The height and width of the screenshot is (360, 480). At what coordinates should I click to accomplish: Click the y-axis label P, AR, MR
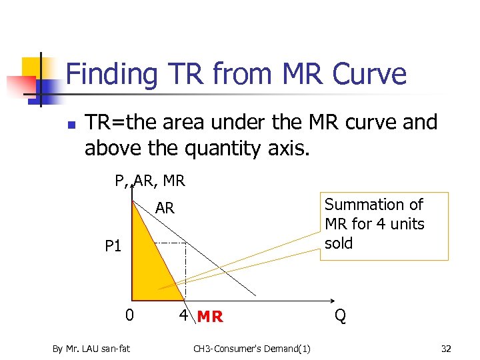click(150, 181)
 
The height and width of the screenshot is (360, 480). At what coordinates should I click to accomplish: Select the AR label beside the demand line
click(165, 209)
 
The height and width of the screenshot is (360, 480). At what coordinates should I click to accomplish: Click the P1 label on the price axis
click(113, 247)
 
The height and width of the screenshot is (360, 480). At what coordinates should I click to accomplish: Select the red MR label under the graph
click(210, 317)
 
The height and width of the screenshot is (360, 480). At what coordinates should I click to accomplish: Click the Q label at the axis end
click(340, 315)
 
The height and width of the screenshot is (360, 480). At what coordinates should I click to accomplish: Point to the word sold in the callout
click(339, 243)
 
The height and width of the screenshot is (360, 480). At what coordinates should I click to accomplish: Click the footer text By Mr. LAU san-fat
click(91, 347)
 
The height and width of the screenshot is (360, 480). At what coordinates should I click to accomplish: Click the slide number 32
click(446, 347)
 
